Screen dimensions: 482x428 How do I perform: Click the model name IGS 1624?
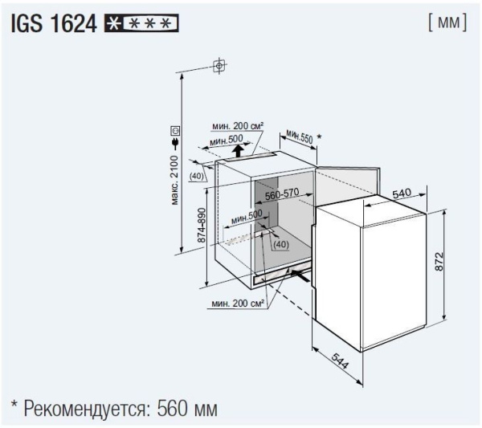pyautogui.click(x=54, y=23)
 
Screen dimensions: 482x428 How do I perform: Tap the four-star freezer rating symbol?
pyautogui.click(x=141, y=23)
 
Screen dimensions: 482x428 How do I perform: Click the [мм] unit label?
pyautogui.click(x=447, y=22)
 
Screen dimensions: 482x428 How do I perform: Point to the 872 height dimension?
pyautogui.click(x=439, y=262)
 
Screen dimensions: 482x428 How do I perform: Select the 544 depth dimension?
pyautogui.click(x=340, y=361)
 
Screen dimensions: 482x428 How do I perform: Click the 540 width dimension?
pyautogui.click(x=402, y=194)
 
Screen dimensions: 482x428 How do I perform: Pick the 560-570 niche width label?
pyautogui.click(x=282, y=194)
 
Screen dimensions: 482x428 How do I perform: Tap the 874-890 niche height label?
pyautogui.click(x=202, y=225)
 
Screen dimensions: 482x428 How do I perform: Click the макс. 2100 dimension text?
pyautogui.click(x=174, y=180)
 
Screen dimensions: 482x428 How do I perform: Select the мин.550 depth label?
pyautogui.click(x=299, y=137)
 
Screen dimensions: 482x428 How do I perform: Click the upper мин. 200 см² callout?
pyautogui.click(x=238, y=126)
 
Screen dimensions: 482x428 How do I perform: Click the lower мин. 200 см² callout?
pyautogui.click(x=238, y=304)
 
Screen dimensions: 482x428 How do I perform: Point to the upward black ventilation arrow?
pyautogui.click(x=237, y=151)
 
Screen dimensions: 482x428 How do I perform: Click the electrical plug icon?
pyautogui.click(x=175, y=144)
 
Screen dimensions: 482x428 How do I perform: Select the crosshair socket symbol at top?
pyautogui.click(x=219, y=66)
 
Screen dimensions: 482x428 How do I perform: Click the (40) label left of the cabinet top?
pyautogui.click(x=197, y=176)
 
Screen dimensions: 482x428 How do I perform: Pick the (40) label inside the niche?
pyautogui.click(x=281, y=244)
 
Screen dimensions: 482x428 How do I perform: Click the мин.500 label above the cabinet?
pyautogui.click(x=227, y=140)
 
